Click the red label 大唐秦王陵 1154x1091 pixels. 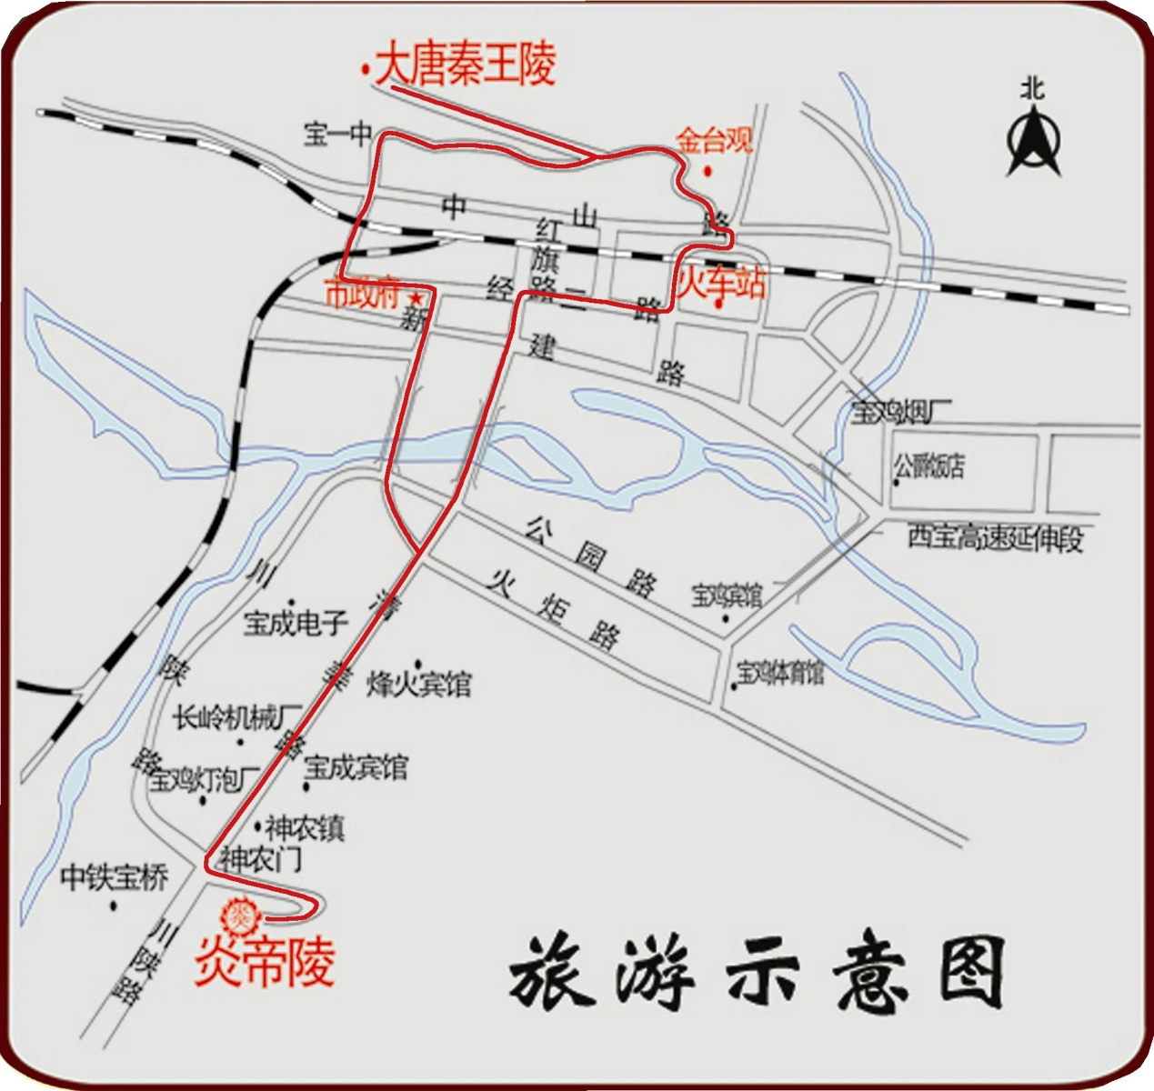click(465, 65)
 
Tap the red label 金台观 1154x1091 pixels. click(714, 141)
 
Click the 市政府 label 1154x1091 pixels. click(362, 295)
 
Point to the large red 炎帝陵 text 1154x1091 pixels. click(265, 962)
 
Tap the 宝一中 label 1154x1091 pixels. click(337, 135)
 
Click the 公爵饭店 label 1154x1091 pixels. click(928, 467)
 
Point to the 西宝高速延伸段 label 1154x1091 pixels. click(995, 538)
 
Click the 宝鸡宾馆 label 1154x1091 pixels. click(727, 596)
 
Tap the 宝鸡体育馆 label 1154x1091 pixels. click(780, 674)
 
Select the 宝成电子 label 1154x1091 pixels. click(296, 623)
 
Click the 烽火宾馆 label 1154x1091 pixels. click(419, 684)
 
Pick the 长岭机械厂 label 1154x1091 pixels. click(237, 718)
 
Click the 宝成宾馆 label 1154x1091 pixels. click(356, 767)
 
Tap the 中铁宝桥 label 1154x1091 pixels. click(114, 878)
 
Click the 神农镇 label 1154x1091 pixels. click(305, 829)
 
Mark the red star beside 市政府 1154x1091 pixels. click(416, 298)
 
